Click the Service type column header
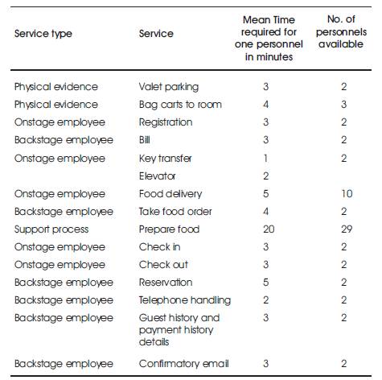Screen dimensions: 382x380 tap(43, 34)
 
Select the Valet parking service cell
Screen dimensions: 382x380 tap(169, 87)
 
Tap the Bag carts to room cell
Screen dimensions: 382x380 tap(180, 105)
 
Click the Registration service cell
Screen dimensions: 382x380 tap(166, 122)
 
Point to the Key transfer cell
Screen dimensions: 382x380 tap(165, 159)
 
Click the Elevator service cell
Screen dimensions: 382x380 tap(157, 176)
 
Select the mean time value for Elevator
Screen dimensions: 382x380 tap(265, 176)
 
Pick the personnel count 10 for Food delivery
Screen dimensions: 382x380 tap(347, 194)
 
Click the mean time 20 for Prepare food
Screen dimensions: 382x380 tap(269, 229)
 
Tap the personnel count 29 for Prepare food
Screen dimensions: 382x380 tap(347, 229)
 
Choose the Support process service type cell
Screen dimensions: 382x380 tap(51, 229)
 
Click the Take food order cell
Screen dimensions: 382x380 tap(175, 212)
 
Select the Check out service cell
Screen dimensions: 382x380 tap(163, 265)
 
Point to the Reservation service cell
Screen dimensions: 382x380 tap(166, 283)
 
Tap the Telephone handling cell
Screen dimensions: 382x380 tap(185, 300)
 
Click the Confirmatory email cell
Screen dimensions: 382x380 tap(183, 364)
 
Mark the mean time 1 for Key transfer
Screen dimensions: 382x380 tap(265, 159)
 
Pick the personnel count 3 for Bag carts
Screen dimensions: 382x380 tap(344, 105)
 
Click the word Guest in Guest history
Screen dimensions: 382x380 tap(153, 318)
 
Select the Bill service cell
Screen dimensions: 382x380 tap(144, 140)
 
